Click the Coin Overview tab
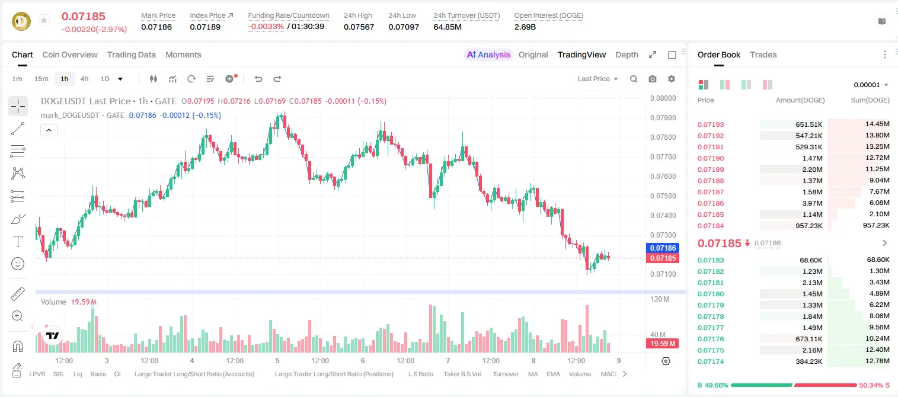(x=70, y=55)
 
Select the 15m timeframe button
(x=41, y=79)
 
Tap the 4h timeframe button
(x=84, y=79)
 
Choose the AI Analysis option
(x=488, y=55)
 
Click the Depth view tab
(x=627, y=55)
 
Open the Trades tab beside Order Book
(x=763, y=55)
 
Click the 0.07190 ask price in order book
(x=710, y=158)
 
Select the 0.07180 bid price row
(x=710, y=294)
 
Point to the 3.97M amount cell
(x=812, y=203)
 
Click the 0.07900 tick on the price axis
(x=663, y=118)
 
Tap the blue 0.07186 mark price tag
(x=663, y=248)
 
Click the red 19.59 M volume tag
(x=663, y=343)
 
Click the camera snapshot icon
(x=653, y=79)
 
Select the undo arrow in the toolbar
(x=258, y=79)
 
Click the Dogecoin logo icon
(x=21, y=21)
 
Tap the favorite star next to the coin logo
(x=44, y=20)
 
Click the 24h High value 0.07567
(x=359, y=27)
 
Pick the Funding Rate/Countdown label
(x=289, y=15)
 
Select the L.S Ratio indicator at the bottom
(x=421, y=374)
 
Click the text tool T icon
(x=18, y=241)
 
